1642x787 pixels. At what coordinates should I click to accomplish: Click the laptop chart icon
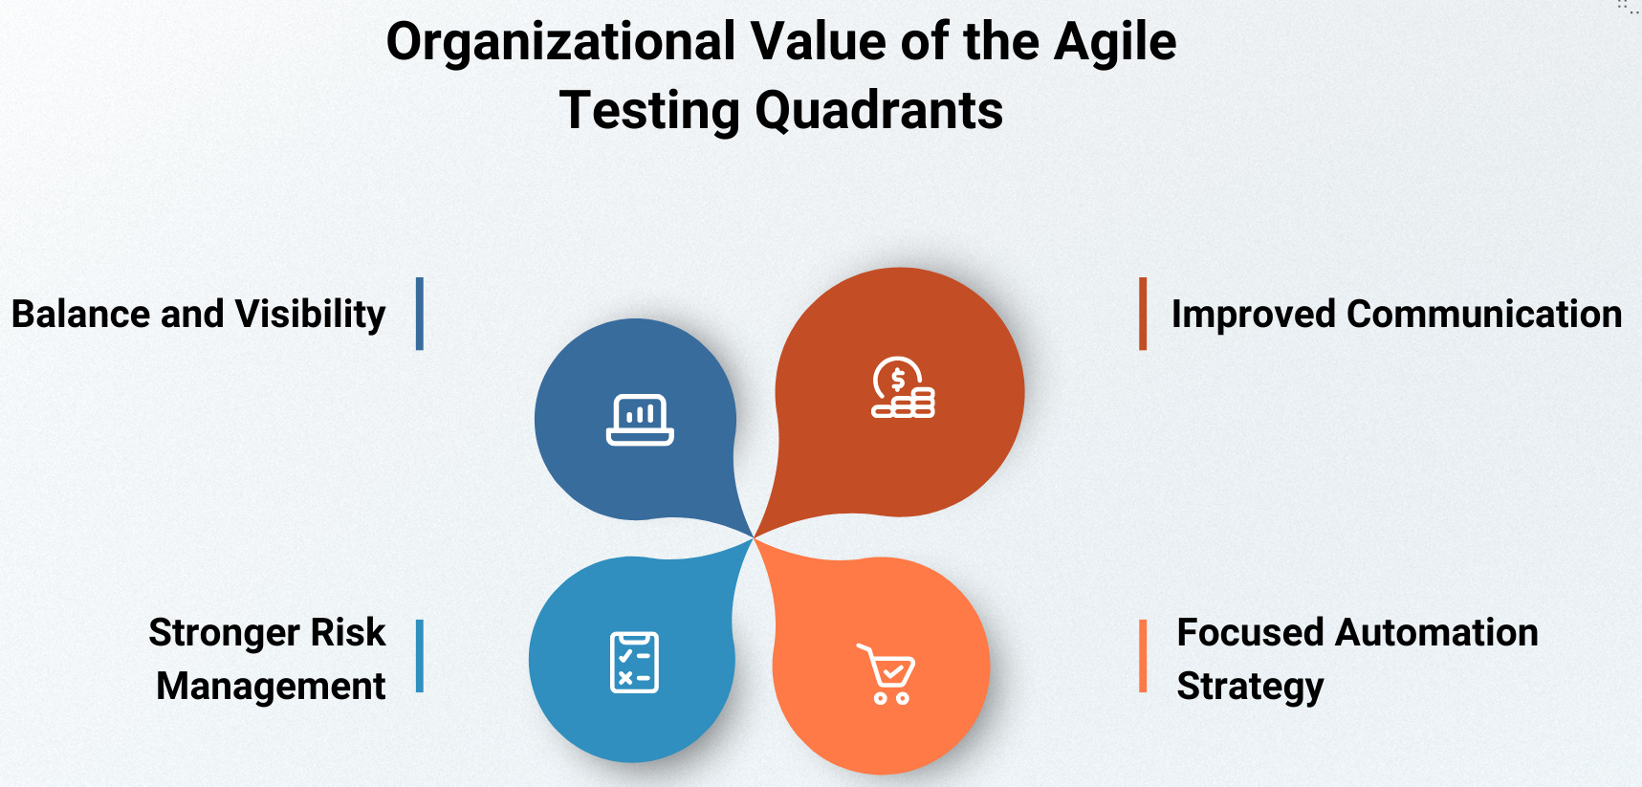(x=640, y=420)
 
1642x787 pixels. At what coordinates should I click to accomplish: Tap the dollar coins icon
(x=903, y=387)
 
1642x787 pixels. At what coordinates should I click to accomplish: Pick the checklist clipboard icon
(x=634, y=662)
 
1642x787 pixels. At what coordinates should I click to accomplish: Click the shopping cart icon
(x=886, y=674)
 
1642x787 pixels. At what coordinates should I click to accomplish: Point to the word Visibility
(x=310, y=315)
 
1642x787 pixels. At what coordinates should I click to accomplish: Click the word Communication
(x=1484, y=314)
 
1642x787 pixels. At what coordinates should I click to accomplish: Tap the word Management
(x=271, y=687)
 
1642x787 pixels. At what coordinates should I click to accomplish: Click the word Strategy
(x=1250, y=687)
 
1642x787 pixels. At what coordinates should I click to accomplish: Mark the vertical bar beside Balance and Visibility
(x=420, y=314)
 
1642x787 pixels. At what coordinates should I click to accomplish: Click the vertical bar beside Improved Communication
(x=1143, y=314)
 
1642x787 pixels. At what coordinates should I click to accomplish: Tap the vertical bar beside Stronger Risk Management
(x=420, y=656)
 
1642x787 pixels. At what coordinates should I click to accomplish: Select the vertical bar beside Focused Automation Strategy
(x=1143, y=656)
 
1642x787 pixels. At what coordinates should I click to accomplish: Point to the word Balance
(x=80, y=314)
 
